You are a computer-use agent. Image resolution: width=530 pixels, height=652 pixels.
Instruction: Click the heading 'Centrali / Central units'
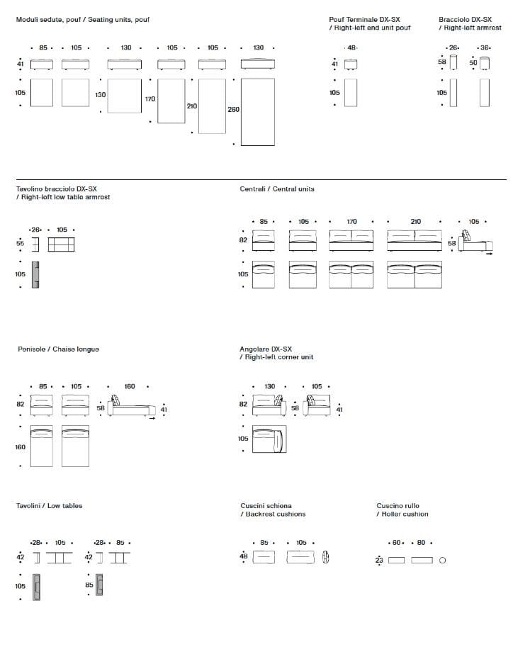tap(277, 189)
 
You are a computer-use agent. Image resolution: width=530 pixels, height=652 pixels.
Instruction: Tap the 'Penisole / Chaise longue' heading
tap(58, 349)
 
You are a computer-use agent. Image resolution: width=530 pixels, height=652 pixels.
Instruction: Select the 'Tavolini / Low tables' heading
tap(49, 505)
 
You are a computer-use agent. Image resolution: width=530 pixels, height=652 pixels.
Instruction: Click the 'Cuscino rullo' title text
tap(397, 506)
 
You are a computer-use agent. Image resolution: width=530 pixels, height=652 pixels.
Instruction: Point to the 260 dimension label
tap(233, 110)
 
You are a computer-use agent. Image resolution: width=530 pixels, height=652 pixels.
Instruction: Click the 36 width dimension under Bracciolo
tap(485, 47)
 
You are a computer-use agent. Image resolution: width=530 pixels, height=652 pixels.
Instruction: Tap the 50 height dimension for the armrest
tap(473, 62)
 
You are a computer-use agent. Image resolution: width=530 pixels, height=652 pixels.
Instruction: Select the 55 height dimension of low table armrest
tap(20, 243)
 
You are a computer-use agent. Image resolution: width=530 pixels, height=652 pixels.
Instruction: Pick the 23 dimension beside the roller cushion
tap(379, 560)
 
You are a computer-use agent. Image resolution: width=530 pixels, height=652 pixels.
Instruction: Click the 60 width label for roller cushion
tap(397, 543)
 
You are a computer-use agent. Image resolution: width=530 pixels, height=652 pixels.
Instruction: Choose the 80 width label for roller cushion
tap(421, 543)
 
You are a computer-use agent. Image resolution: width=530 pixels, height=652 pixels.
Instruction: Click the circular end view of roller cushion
tap(443, 560)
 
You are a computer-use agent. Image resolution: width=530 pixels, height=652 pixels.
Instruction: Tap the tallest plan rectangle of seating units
tap(257, 112)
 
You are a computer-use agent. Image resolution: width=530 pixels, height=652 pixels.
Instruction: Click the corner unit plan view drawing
tap(268, 439)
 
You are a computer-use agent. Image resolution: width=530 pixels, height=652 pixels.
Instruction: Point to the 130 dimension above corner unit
tap(270, 386)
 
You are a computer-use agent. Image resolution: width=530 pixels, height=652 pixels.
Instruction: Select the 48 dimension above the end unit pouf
tap(351, 47)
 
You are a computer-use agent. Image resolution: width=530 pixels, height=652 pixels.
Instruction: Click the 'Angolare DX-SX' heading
tap(266, 349)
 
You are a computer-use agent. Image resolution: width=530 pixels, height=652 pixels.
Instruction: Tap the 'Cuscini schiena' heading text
tap(266, 506)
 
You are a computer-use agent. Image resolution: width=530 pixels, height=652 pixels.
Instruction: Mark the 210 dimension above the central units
tap(415, 222)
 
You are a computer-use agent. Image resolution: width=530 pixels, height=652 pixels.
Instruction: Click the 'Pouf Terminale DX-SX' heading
tap(364, 19)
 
